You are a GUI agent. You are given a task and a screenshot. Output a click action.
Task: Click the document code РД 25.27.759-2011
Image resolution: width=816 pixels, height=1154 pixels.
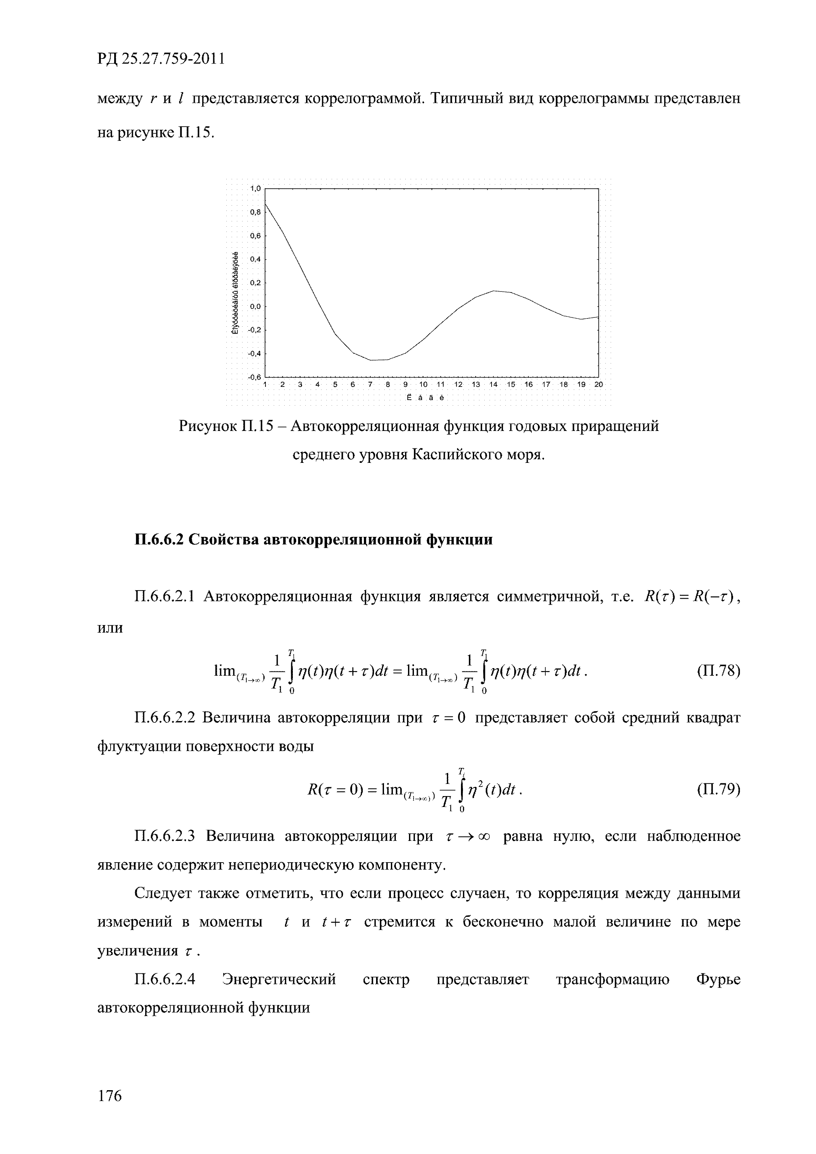(160, 59)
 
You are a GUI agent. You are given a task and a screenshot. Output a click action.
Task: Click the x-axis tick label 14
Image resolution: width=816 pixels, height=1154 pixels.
(493, 385)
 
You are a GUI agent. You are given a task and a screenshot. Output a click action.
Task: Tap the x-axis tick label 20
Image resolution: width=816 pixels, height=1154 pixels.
(598, 385)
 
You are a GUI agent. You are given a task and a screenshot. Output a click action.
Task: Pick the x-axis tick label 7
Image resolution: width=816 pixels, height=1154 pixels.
(370, 385)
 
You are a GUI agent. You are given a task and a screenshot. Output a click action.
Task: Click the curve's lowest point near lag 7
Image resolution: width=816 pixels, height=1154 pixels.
(370, 360)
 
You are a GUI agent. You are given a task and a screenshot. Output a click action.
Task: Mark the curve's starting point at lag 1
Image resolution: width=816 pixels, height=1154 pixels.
(265, 203)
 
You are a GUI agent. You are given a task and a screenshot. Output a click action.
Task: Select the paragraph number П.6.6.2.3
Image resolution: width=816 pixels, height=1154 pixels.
(165, 836)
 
